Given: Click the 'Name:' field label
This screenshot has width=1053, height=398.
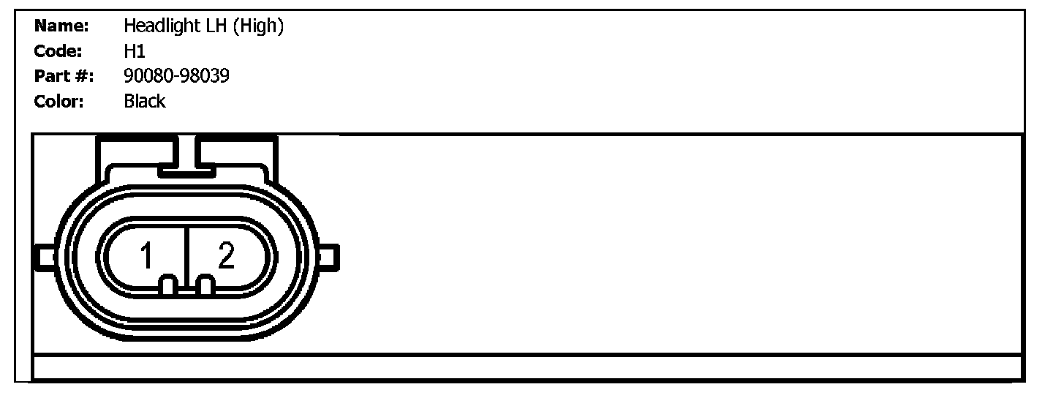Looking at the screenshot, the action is click(x=61, y=27).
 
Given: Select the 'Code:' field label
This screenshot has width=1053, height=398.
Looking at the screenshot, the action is click(x=58, y=52).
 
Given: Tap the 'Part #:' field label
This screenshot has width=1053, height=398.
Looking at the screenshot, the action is click(x=64, y=76).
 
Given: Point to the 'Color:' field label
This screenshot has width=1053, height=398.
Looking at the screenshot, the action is click(x=59, y=101).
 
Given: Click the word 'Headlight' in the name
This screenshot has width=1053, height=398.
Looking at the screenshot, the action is click(x=157, y=27).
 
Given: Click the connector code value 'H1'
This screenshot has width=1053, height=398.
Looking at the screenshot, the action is click(x=135, y=52).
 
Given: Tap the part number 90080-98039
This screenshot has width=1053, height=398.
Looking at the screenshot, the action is click(x=176, y=76).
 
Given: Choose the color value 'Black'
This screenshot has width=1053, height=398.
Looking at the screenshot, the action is click(x=145, y=101).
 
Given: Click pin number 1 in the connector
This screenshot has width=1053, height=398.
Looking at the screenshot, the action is click(x=147, y=257).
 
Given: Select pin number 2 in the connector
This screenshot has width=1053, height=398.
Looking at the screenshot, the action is click(x=226, y=256).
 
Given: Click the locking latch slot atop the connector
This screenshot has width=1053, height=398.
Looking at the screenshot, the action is click(x=186, y=155).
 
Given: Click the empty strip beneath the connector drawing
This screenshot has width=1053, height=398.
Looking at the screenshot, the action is click(x=526, y=367).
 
